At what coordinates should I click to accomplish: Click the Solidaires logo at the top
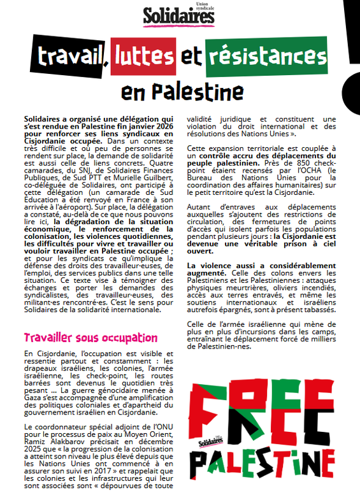[178, 15]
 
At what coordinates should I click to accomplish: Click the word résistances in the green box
[268, 57]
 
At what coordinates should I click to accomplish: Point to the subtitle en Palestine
[178, 92]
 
